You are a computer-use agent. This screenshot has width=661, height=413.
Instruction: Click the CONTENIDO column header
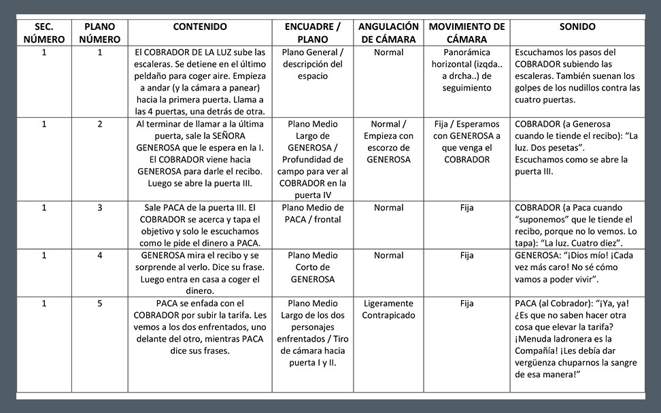coord(200,27)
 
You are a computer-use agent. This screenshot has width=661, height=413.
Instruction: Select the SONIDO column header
coord(577,27)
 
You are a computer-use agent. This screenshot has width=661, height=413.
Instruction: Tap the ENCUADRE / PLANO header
coord(313,33)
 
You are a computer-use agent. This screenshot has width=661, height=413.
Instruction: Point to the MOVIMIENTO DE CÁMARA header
coord(467,33)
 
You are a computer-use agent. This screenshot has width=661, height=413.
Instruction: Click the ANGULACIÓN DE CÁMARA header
coord(388,33)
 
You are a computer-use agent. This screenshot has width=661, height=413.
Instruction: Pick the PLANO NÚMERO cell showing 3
coord(99,208)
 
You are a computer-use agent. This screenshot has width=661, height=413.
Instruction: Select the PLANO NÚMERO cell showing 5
coord(99,303)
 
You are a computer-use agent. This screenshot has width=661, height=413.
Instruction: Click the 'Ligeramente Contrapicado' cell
coord(388,310)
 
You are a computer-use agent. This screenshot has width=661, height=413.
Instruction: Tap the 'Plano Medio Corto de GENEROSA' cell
coord(313,267)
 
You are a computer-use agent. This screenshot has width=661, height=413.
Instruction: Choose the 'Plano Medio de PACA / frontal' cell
coord(313,214)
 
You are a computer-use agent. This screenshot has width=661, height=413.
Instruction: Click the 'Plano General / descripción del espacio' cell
coord(313,64)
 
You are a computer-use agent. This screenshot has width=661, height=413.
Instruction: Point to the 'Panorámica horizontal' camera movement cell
coord(467,70)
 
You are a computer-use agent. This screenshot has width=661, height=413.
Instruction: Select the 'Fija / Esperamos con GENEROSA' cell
coord(467,142)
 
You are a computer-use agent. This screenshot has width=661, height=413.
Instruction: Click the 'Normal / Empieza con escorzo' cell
coord(388,142)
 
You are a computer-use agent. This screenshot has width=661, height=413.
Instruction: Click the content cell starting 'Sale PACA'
coord(200,225)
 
